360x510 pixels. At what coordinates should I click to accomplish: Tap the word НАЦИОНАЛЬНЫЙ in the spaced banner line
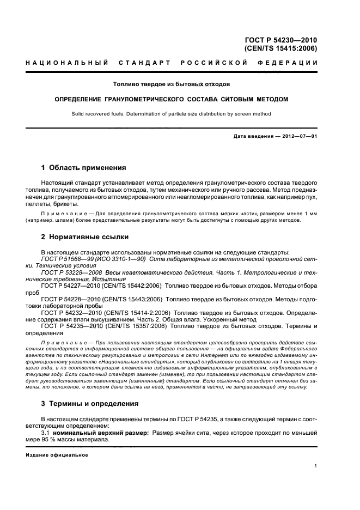67,63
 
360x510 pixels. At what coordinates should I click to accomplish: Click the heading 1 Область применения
83,168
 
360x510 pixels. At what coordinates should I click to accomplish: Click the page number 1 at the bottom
316,465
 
